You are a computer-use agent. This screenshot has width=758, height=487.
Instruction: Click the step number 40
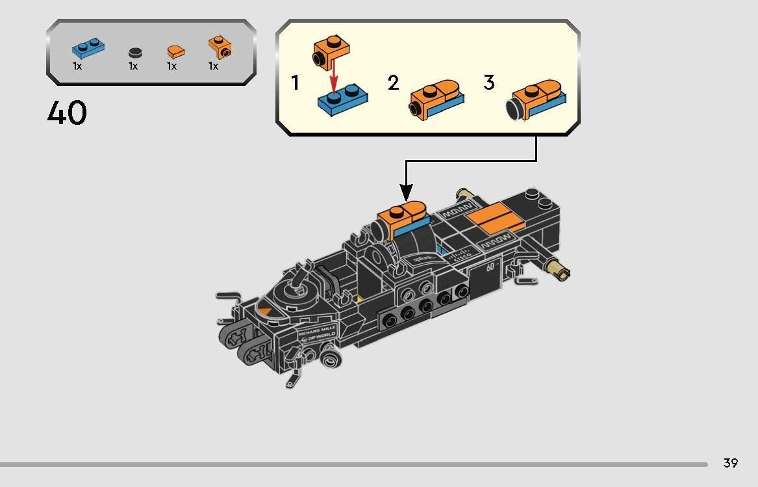(x=67, y=113)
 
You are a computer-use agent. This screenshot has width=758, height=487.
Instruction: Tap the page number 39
(x=730, y=463)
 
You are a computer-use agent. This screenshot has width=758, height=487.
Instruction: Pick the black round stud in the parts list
(x=134, y=53)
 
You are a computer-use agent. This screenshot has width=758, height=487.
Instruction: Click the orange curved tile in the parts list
(x=174, y=51)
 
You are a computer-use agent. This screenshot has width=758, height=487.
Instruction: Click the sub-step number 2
(x=393, y=83)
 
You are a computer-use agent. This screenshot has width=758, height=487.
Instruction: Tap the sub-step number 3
(x=488, y=83)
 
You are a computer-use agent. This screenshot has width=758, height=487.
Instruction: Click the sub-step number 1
(x=296, y=83)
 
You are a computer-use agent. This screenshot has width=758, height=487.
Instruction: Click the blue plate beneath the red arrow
(x=342, y=101)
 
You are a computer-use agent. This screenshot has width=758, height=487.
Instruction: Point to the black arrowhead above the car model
(x=406, y=191)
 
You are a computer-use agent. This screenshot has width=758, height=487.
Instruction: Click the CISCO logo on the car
(x=462, y=254)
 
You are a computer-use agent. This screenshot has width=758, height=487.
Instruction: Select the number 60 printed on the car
(x=491, y=268)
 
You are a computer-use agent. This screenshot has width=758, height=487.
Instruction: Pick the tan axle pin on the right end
(x=558, y=268)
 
